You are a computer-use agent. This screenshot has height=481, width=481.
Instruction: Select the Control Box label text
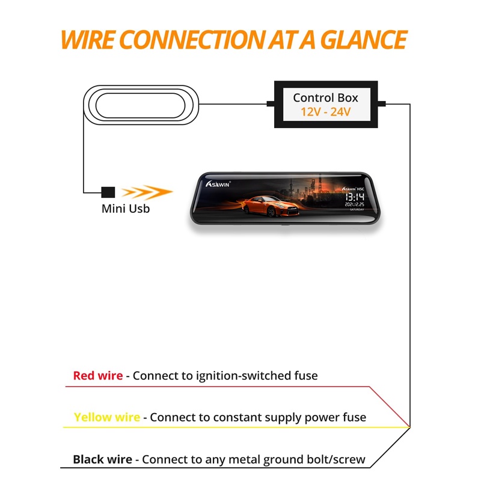click(325, 97)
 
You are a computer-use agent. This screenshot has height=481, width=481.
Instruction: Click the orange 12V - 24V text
click(325, 112)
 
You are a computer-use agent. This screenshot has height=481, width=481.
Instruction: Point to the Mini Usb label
click(126, 209)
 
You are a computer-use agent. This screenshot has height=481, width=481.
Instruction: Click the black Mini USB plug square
click(108, 192)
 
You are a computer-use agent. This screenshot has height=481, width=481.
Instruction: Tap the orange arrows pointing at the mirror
click(146, 192)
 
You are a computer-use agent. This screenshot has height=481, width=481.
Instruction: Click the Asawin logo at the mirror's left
click(217, 184)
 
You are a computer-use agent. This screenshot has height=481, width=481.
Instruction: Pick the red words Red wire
click(98, 376)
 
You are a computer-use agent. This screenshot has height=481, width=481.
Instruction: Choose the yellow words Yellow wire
click(107, 417)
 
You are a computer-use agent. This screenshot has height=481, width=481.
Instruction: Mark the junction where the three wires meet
click(410, 427)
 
